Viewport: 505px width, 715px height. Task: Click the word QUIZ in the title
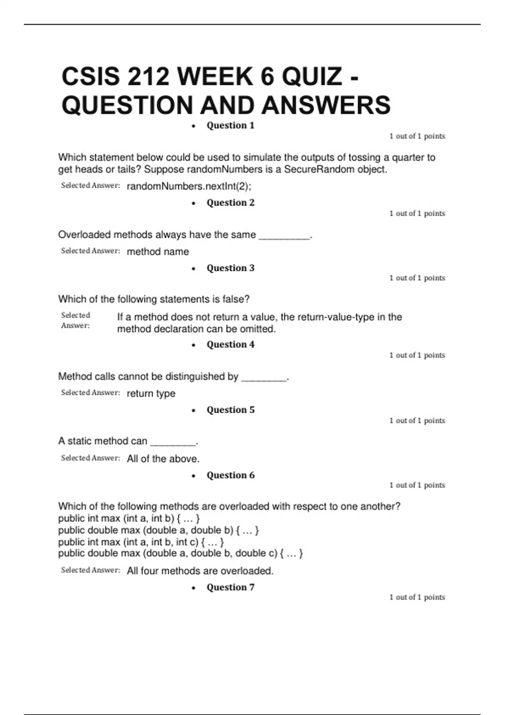click(311, 77)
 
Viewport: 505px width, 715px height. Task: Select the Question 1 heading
click(230, 125)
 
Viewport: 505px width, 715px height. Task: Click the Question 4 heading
click(230, 344)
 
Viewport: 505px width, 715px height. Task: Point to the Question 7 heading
click(230, 587)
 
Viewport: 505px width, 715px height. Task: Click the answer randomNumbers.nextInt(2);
click(189, 186)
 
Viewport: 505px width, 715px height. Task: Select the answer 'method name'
click(158, 252)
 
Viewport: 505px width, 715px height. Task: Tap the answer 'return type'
click(151, 393)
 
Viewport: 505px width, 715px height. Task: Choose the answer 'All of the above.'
click(163, 459)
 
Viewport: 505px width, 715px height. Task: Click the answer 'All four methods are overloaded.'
click(200, 571)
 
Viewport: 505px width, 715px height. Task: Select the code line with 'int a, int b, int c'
click(141, 542)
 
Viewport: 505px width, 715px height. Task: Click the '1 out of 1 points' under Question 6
click(417, 485)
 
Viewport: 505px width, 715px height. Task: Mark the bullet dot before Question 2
click(194, 204)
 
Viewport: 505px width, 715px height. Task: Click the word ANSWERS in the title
click(326, 105)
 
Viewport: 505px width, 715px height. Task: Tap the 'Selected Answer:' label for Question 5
click(90, 458)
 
